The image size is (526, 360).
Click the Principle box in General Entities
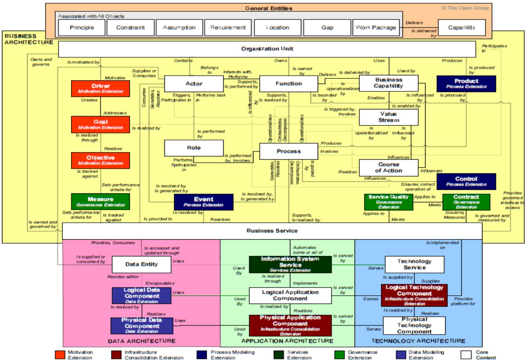[x=82, y=27]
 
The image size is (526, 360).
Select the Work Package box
[x=375, y=27]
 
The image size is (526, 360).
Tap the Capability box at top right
[x=461, y=27]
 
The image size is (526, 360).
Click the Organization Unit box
[x=267, y=49]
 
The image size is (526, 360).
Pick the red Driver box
[x=100, y=88]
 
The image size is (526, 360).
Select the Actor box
[x=194, y=84]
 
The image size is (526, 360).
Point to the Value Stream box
[x=388, y=117]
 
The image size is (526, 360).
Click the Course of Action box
[x=388, y=167]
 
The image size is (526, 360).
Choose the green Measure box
[x=100, y=202]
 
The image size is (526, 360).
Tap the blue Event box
[x=204, y=202]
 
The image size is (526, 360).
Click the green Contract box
[x=466, y=202]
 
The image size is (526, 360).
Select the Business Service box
[x=272, y=231]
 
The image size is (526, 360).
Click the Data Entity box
[x=141, y=264]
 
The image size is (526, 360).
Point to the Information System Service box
[x=290, y=264]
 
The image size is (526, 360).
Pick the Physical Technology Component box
[x=414, y=325]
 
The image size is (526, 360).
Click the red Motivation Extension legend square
[x=60, y=355]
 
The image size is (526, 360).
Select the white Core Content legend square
[x=466, y=355]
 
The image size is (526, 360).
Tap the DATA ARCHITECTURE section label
[x=142, y=341]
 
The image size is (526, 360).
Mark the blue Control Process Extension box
[x=466, y=181]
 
